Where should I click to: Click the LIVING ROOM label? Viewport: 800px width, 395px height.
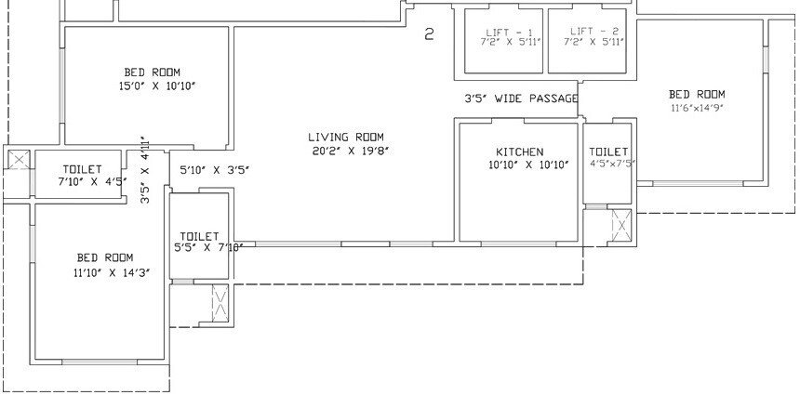click(346, 138)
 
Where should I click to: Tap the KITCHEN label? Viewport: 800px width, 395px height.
click(519, 151)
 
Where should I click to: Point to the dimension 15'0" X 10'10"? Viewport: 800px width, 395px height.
click(152, 86)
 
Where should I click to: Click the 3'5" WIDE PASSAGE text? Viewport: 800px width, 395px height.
click(521, 99)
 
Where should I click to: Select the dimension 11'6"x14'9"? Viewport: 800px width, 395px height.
click(697, 108)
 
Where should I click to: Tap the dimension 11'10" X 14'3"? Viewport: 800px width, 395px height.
click(104, 272)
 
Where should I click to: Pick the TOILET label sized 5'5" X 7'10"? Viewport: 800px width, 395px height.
click(199, 236)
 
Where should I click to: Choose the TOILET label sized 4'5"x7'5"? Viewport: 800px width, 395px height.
click(608, 151)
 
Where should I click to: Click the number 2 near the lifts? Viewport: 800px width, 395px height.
click(429, 35)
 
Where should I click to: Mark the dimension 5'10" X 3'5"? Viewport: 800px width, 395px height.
click(214, 170)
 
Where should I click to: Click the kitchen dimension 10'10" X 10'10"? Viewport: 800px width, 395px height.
click(519, 165)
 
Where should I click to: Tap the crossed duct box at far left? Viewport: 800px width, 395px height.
click(18, 160)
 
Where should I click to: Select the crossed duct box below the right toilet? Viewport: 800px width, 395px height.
click(620, 225)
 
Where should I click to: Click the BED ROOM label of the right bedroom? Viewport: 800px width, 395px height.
click(697, 94)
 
